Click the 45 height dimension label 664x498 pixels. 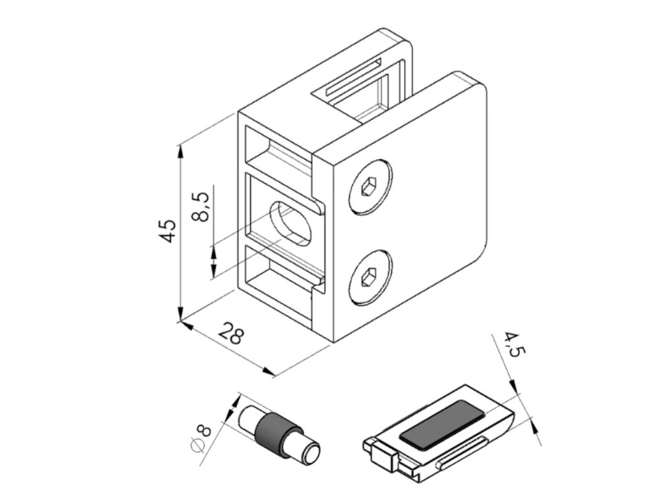pos(168,230)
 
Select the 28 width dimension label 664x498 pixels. pos(231,335)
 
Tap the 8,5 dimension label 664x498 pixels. pos(202,206)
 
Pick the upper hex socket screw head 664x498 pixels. pos(369,188)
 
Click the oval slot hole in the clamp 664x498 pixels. pos(290,223)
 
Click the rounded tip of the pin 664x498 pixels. pos(311,453)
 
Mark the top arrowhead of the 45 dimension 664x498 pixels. pos(181,150)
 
